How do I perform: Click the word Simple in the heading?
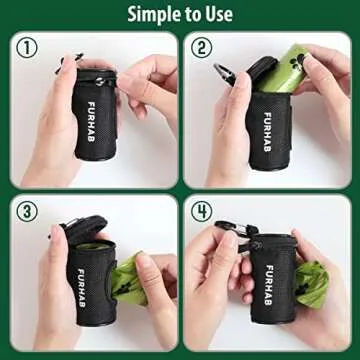[152, 14]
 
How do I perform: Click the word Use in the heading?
[218, 14]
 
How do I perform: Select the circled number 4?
[203, 212]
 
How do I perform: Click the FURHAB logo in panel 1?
[91, 118]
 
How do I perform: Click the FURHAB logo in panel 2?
[267, 124]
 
